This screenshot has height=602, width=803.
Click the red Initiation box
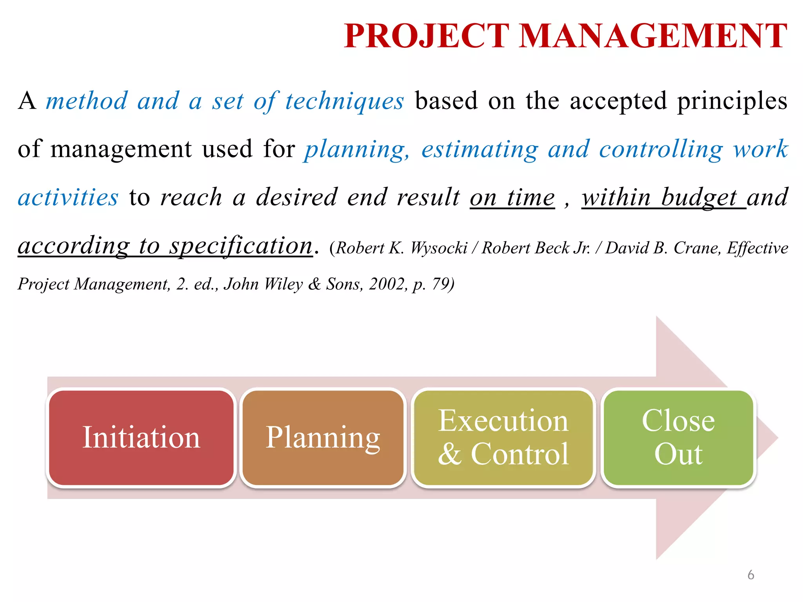point(141,438)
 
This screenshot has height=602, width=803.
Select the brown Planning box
point(323,438)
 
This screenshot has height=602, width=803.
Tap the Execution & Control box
point(503,438)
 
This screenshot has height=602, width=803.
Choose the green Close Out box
point(678,438)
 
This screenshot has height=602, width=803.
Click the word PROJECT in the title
point(426,36)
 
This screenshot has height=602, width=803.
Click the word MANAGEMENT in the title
point(653,36)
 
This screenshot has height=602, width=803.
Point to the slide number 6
point(750,575)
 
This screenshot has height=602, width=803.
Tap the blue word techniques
point(344,102)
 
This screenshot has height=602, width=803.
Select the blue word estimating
point(480,150)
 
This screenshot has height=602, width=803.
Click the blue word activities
point(68,198)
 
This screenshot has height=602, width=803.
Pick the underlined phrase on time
point(512,198)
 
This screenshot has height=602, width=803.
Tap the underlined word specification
point(241,246)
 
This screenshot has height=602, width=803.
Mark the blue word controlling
point(661,150)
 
